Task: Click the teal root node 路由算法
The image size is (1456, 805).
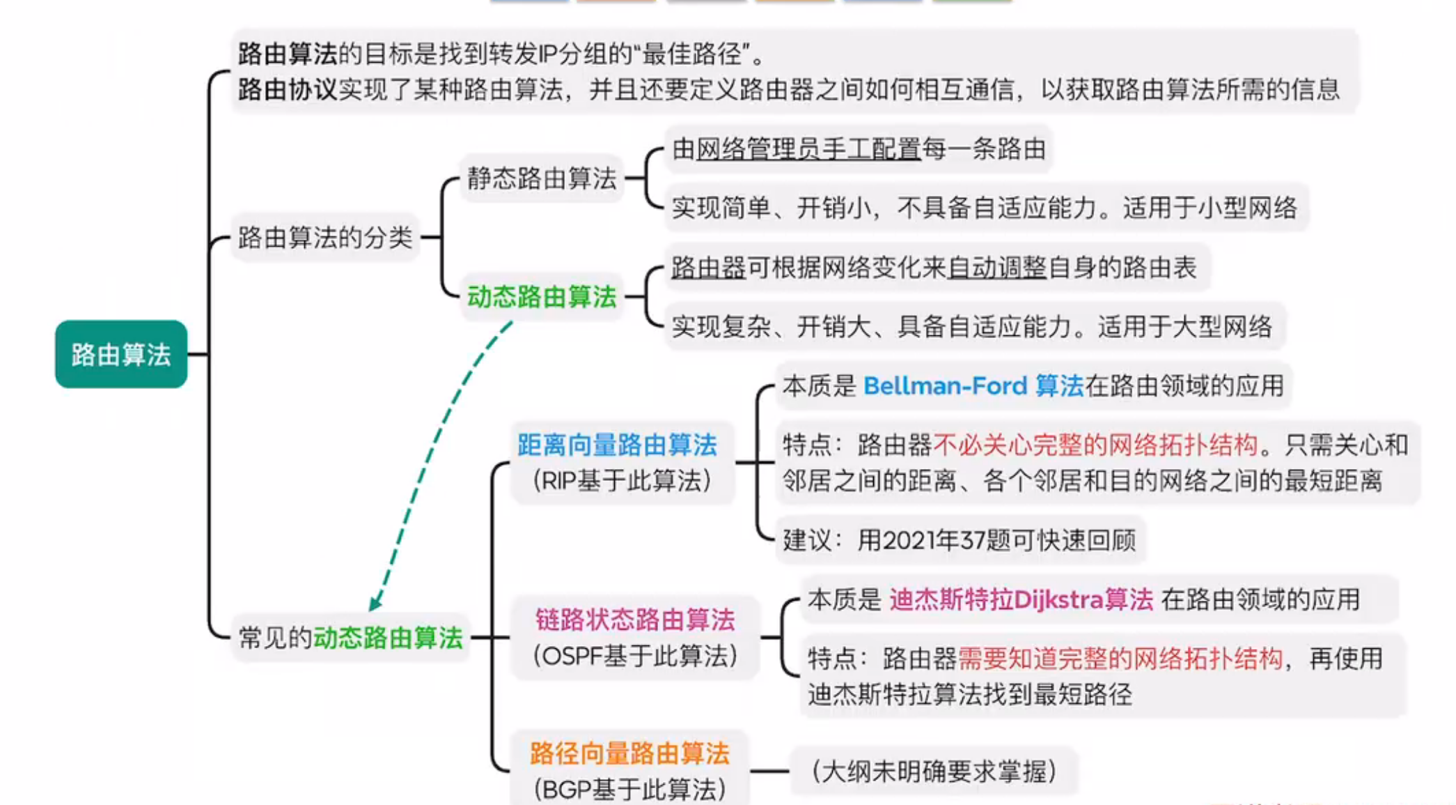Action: click(121, 354)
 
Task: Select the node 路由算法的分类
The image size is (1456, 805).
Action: click(325, 238)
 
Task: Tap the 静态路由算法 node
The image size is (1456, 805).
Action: click(541, 178)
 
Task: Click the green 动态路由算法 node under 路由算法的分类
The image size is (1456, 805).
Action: click(541, 297)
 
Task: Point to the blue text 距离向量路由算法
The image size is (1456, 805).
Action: click(617, 445)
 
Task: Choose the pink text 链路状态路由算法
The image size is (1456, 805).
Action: click(634, 620)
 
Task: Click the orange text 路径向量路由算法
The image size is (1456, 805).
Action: click(629, 753)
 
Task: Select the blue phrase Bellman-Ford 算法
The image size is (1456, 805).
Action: click(973, 386)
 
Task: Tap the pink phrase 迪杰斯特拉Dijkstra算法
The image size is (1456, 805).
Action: click(1021, 599)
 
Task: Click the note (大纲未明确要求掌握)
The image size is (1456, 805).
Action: click(934, 772)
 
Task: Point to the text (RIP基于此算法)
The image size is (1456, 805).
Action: click(622, 481)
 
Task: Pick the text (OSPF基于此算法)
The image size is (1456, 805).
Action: click(634, 656)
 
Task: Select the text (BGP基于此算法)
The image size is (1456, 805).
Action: click(629, 790)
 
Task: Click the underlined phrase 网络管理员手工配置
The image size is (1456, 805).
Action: click(808, 149)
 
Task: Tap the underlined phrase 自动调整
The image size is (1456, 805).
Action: click(997, 268)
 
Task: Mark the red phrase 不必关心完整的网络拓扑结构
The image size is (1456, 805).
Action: click(1095, 445)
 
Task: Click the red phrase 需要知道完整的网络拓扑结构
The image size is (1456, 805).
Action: click(1120, 659)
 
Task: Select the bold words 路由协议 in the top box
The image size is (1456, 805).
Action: click(287, 90)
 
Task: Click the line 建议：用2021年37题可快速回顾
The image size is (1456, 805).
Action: click(959, 540)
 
